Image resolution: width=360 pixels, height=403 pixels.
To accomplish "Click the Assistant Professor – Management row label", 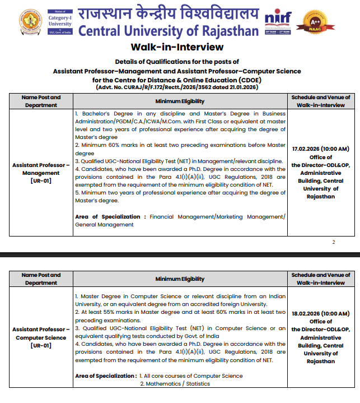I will point(41,169).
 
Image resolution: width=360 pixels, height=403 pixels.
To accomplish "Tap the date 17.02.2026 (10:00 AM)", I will point(321,149).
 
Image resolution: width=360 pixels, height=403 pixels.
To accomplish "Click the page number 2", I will point(333,242).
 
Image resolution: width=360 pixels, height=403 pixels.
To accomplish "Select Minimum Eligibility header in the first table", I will point(180,101).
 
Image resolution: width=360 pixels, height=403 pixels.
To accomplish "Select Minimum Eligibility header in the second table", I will point(180,279).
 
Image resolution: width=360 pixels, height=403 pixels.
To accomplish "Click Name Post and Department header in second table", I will point(41,279).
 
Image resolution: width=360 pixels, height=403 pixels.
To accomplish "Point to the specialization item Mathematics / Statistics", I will point(175,383).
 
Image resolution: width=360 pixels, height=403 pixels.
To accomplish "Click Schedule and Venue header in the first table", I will point(321,101).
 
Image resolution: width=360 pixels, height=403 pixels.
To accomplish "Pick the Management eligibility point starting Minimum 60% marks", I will point(180,149).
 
